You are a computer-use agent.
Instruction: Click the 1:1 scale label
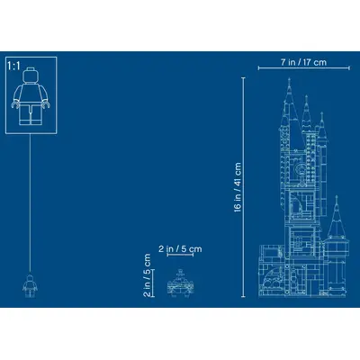[x=13, y=66]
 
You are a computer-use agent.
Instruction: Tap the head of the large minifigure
[x=31, y=75]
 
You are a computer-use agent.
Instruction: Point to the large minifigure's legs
[x=31, y=114]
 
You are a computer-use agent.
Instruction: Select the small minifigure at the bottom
[x=30, y=286]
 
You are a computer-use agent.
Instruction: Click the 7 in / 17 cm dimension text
[x=303, y=62]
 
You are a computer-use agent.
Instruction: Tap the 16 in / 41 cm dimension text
[x=238, y=187]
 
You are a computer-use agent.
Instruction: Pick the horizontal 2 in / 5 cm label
[x=180, y=248]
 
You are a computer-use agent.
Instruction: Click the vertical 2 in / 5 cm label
[x=147, y=275]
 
